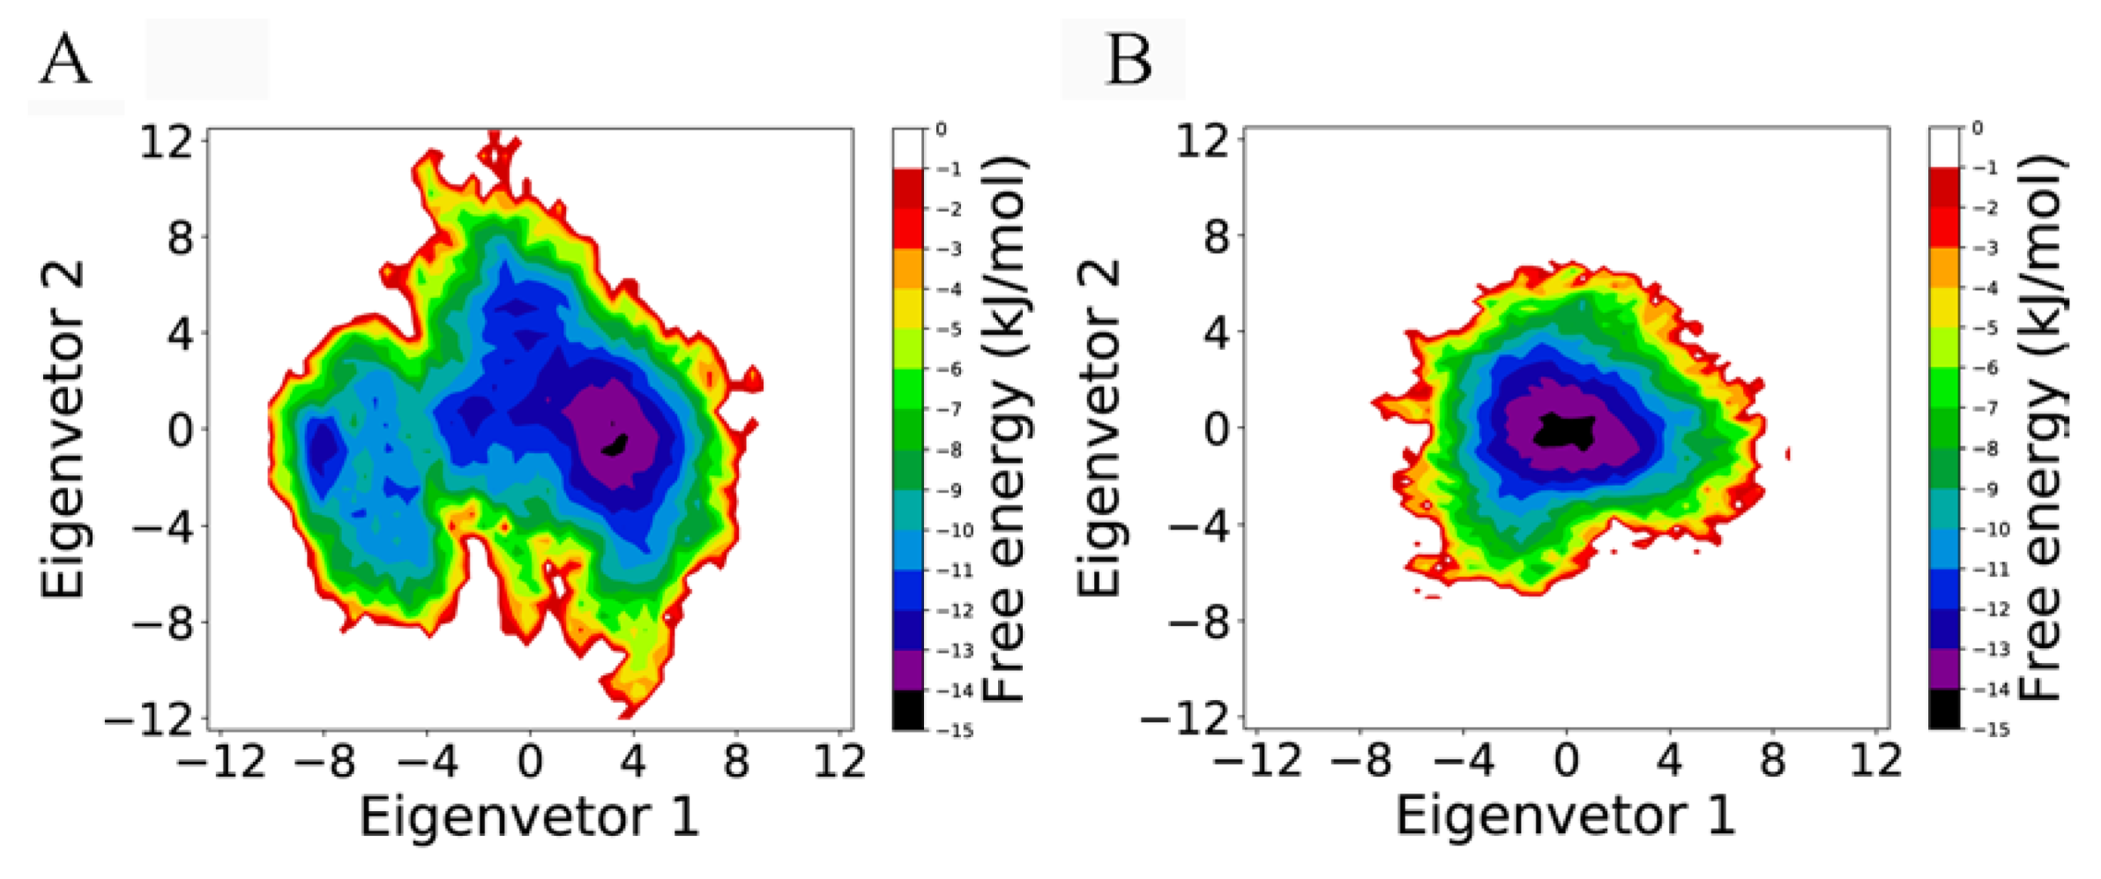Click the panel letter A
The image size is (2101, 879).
click(x=64, y=60)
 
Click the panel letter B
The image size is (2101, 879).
click(x=1128, y=60)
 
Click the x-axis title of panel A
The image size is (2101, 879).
click(x=529, y=816)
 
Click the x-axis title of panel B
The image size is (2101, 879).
click(x=1565, y=816)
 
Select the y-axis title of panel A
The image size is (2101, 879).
click(x=63, y=429)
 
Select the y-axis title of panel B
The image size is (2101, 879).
click(x=1099, y=429)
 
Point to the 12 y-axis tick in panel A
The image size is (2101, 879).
click(x=166, y=141)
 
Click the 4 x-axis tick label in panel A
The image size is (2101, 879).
click(x=633, y=760)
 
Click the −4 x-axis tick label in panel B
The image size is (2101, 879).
click(x=1464, y=760)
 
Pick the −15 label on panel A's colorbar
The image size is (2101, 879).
click(x=956, y=731)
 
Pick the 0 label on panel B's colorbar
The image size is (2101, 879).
click(x=1977, y=129)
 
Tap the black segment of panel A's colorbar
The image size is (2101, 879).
click(x=908, y=710)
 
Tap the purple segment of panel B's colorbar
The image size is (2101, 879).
click(x=1944, y=669)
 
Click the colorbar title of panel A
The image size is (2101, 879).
click(x=1005, y=429)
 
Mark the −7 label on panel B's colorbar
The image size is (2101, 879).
click(x=1989, y=408)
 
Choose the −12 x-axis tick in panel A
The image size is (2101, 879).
click(x=220, y=760)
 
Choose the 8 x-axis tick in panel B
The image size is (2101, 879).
click(x=1772, y=760)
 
